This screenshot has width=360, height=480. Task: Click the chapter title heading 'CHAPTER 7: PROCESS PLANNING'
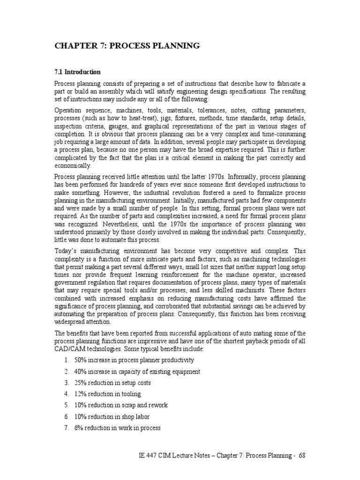click(127, 45)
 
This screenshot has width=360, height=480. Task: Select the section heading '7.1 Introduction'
click(77, 72)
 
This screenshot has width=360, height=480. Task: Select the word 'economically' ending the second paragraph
click(73, 165)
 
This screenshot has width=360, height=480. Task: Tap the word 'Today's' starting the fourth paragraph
click(67, 250)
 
